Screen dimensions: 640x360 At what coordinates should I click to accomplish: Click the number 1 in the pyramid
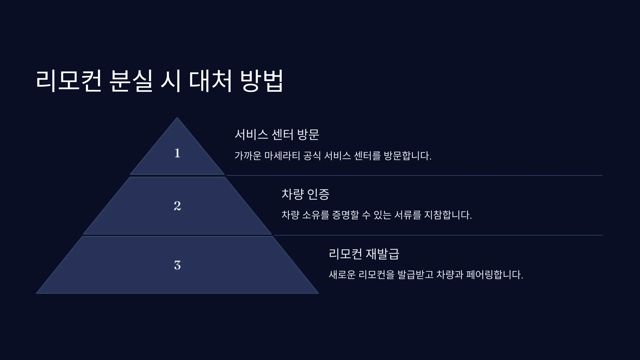177,153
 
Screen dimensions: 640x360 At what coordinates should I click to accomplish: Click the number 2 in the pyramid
177,206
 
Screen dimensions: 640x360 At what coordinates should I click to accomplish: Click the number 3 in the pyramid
177,265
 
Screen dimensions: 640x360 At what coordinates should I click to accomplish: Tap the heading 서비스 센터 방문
277,134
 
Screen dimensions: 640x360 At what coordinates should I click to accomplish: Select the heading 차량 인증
306,194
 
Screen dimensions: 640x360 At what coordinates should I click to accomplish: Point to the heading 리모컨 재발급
364,254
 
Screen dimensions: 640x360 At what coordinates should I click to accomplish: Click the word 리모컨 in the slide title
69,81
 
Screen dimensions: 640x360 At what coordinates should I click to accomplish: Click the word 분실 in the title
131,81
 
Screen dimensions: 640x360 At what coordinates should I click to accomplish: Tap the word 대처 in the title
210,81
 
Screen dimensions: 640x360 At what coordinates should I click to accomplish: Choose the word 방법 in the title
262,81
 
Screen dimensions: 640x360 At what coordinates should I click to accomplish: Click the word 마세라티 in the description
282,156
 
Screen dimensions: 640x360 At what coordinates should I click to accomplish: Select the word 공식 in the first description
312,156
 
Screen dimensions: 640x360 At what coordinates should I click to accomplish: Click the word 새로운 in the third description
342,275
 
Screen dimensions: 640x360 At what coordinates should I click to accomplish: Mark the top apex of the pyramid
177,117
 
